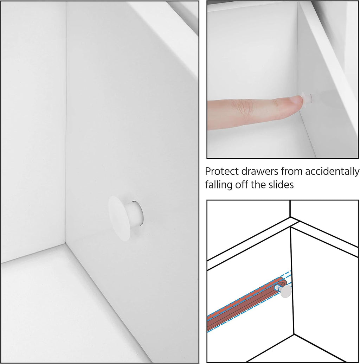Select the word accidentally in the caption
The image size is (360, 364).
(x=332, y=172)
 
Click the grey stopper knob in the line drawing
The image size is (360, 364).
(x=286, y=291)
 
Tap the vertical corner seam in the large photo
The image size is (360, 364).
(x=66, y=123)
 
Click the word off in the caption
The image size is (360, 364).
(x=242, y=185)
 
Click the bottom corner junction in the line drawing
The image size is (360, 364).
(x=294, y=334)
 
